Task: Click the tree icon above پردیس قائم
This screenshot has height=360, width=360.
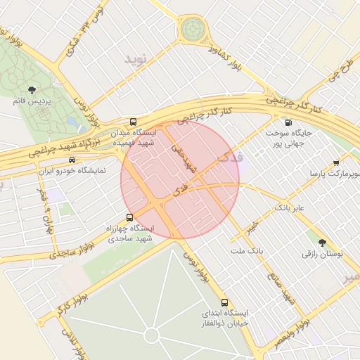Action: click(x=32, y=89)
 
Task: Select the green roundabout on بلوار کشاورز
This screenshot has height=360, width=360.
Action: click(x=192, y=30)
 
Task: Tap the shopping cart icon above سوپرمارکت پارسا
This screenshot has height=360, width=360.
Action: click(x=335, y=162)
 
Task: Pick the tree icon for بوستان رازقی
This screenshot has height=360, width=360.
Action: click(x=322, y=242)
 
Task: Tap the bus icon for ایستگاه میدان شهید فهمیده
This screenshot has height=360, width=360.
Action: click(x=134, y=122)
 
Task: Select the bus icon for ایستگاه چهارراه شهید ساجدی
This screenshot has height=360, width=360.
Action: click(x=129, y=217)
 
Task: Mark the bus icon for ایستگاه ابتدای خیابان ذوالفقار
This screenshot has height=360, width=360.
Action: click(x=224, y=302)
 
